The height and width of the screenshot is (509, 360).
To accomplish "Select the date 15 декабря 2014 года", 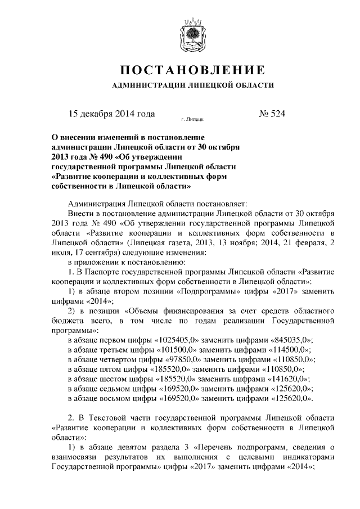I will coord(111,114).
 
